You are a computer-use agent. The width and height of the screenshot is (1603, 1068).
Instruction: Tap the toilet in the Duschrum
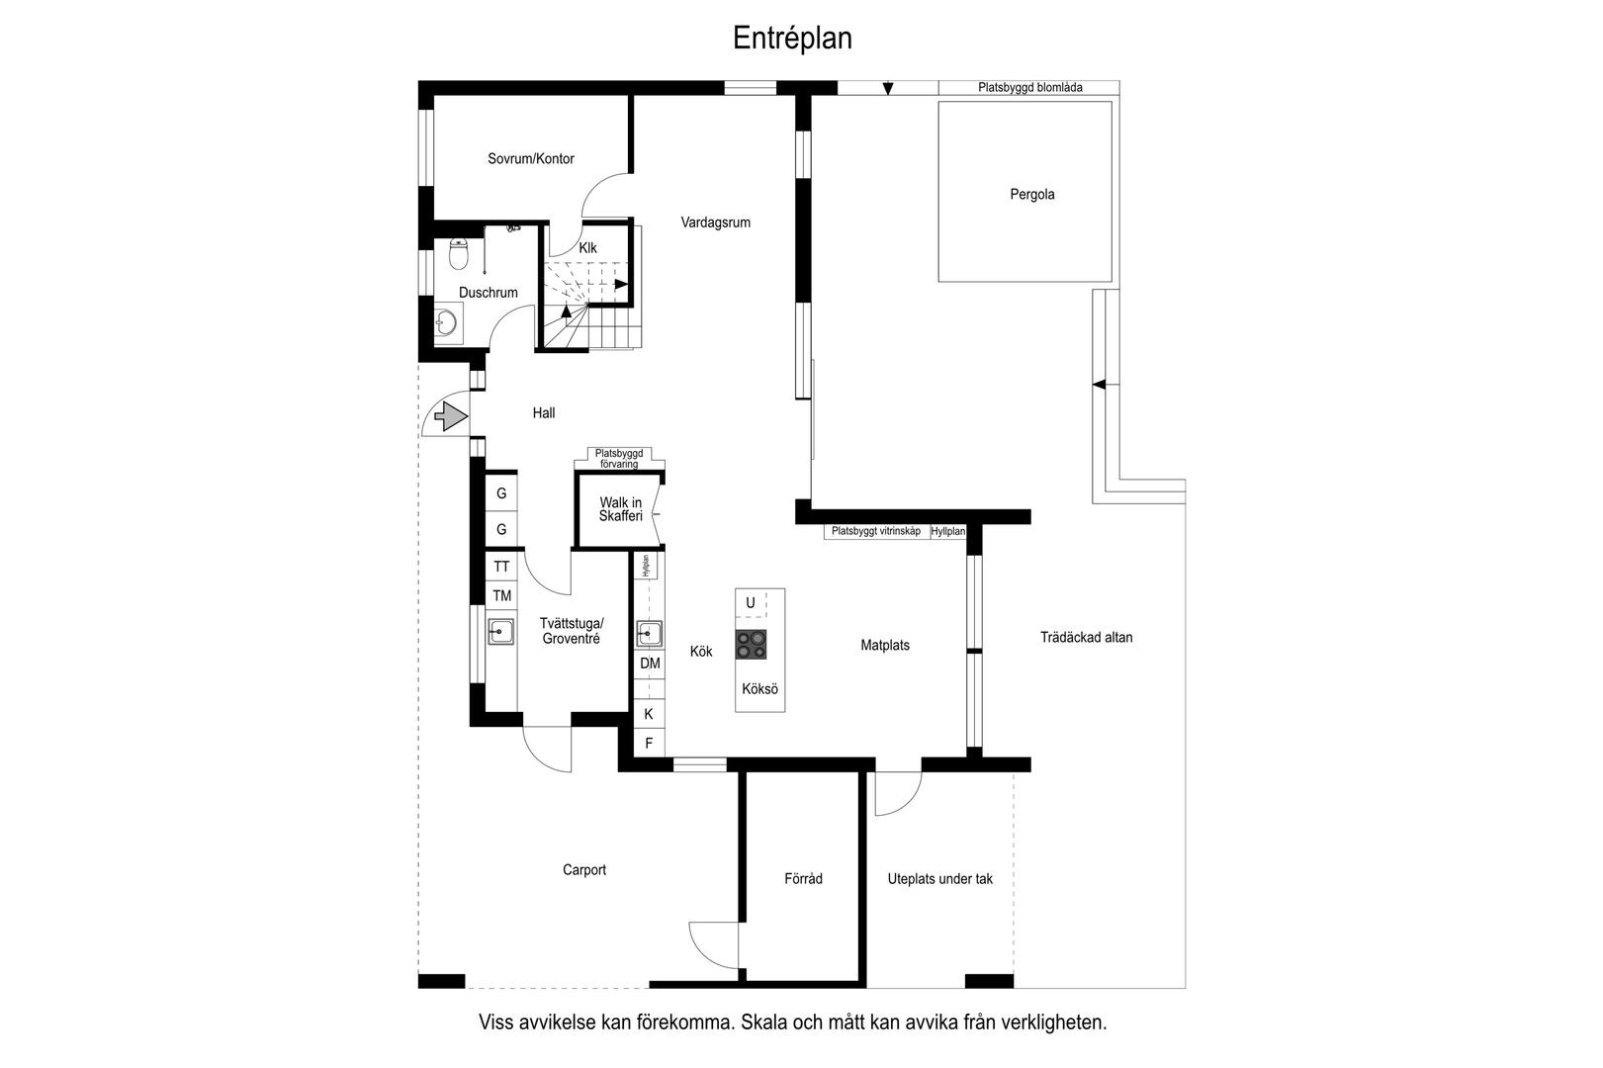(x=459, y=255)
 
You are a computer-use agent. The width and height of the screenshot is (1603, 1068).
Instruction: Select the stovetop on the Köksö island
(x=752, y=644)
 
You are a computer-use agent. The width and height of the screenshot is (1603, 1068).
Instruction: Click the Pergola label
(x=1032, y=194)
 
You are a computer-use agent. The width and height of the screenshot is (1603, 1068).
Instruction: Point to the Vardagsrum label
(x=716, y=222)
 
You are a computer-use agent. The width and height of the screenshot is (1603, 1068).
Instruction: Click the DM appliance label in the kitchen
(x=650, y=664)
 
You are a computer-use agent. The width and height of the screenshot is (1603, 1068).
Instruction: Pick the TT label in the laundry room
(x=501, y=567)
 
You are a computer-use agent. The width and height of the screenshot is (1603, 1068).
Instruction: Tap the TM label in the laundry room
(x=501, y=595)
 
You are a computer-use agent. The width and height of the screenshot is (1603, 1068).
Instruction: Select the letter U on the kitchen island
(x=750, y=602)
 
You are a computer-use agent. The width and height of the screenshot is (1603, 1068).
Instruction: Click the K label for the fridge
(x=649, y=714)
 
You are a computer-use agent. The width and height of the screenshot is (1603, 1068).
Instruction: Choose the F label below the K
(x=649, y=743)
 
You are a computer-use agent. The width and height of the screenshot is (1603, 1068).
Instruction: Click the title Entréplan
(x=792, y=38)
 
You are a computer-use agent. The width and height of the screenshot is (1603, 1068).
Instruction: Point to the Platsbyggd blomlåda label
(x=1029, y=87)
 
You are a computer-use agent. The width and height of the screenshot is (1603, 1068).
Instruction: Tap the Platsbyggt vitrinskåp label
(x=876, y=531)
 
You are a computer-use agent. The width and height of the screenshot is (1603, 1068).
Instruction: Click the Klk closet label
(x=587, y=247)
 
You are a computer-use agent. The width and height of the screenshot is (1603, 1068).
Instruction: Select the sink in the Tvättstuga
(x=501, y=631)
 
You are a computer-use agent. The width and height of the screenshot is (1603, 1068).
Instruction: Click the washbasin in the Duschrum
(x=447, y=322)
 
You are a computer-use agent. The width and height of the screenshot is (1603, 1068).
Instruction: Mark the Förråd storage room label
(x=803, y=878)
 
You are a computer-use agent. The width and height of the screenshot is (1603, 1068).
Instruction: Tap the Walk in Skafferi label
(x=620, y=509)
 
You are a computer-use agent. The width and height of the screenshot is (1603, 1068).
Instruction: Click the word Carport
(x=584, y=869)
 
